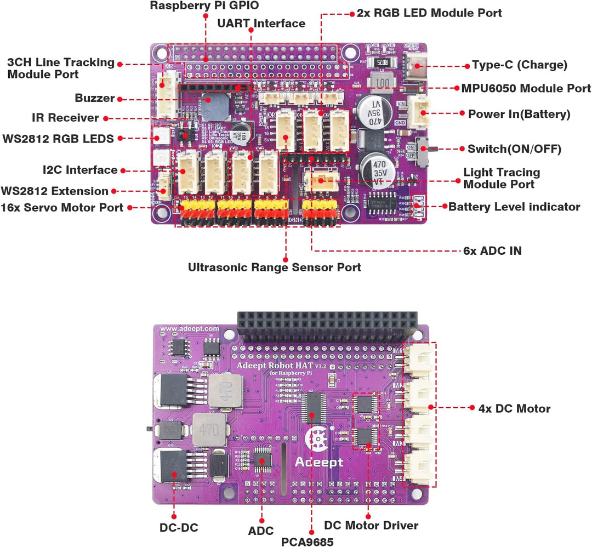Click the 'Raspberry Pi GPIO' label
[204, 5]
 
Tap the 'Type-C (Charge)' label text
[519, 65]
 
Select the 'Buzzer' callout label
[94, 99]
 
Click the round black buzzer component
[214, 105]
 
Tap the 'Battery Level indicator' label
[514, 207]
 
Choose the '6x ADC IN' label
[492, 251]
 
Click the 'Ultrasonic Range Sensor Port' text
[274, 267]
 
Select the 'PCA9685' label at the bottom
[307, 541]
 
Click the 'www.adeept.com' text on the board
[190, 329]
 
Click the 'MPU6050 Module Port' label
[526, 88]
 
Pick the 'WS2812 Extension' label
[54, 191]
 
